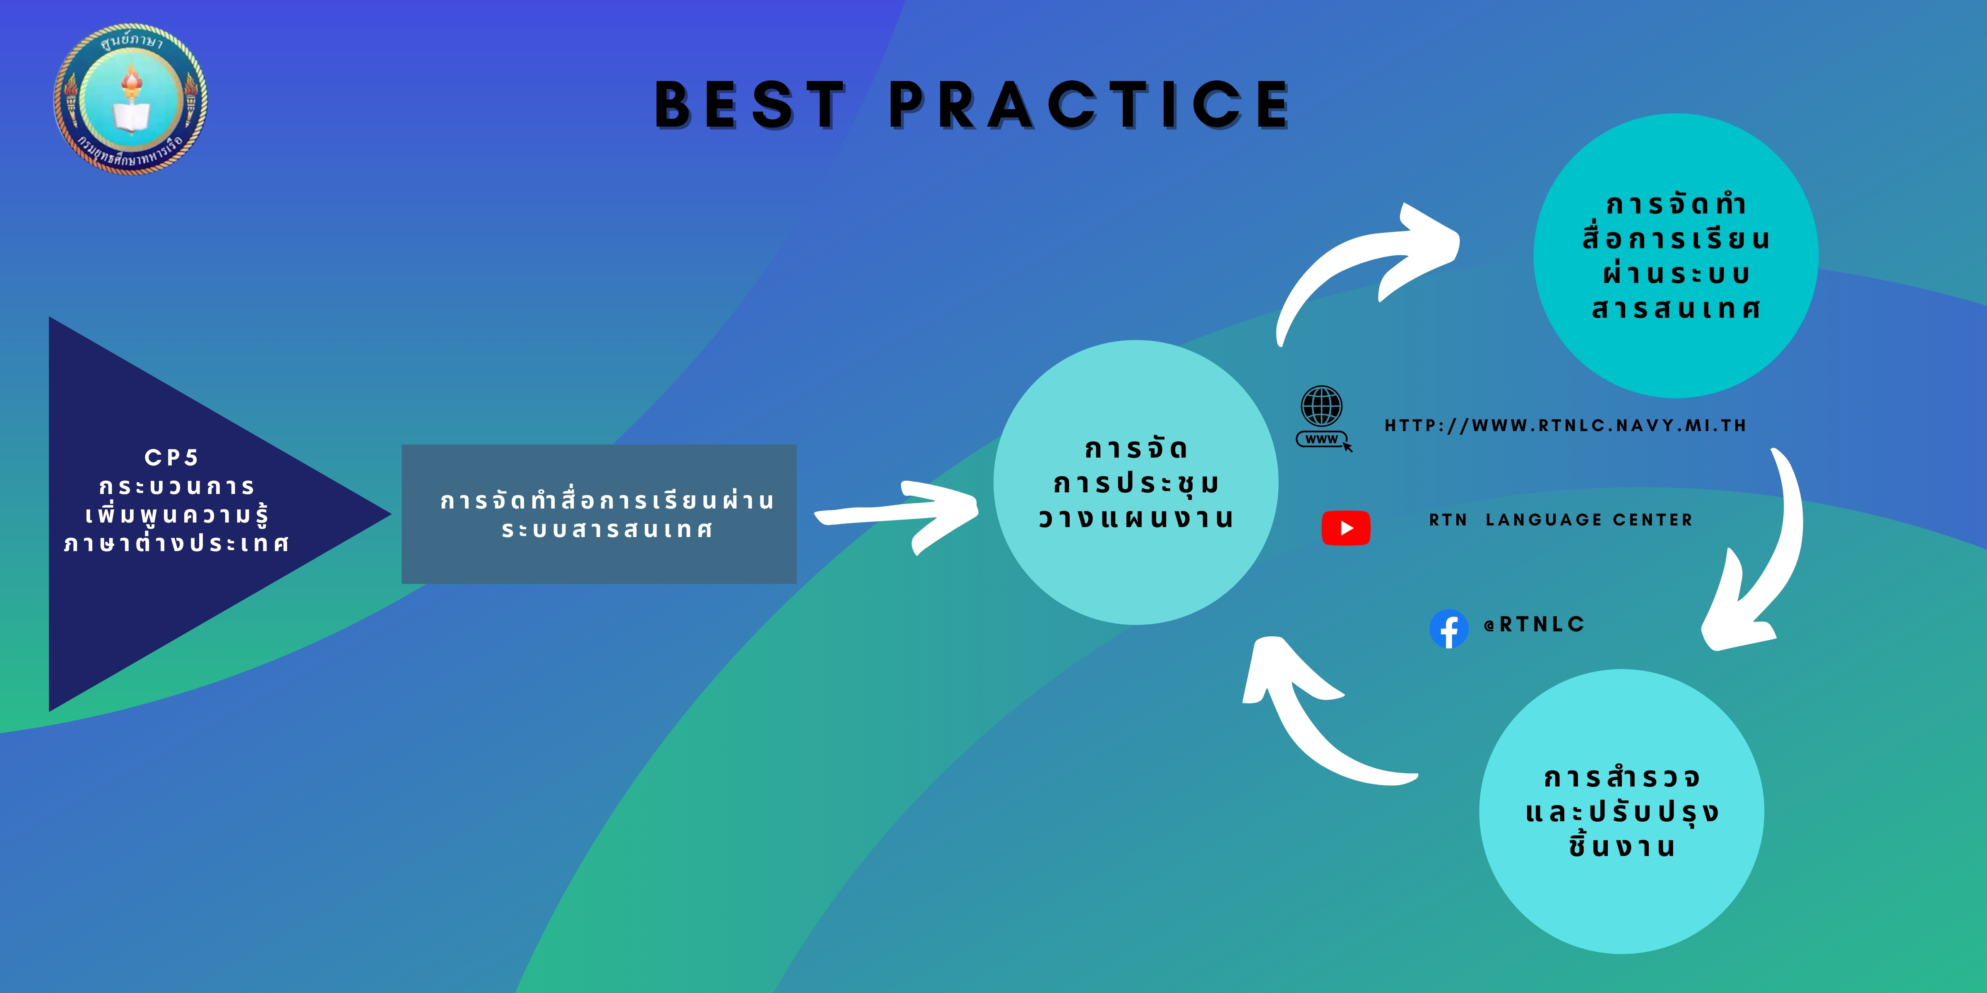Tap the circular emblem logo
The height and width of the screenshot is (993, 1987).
(130, 98)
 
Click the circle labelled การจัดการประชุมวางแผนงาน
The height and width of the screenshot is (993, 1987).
(1135, 482)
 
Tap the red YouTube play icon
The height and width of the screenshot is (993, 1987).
(1346, 528)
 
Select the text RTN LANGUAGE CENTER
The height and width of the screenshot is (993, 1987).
(1561, 520)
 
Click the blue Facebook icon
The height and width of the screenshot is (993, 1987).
(1448, 629)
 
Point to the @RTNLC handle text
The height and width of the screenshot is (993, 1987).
(1534, 624)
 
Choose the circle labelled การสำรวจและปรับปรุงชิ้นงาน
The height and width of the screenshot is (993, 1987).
(1621, 811)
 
